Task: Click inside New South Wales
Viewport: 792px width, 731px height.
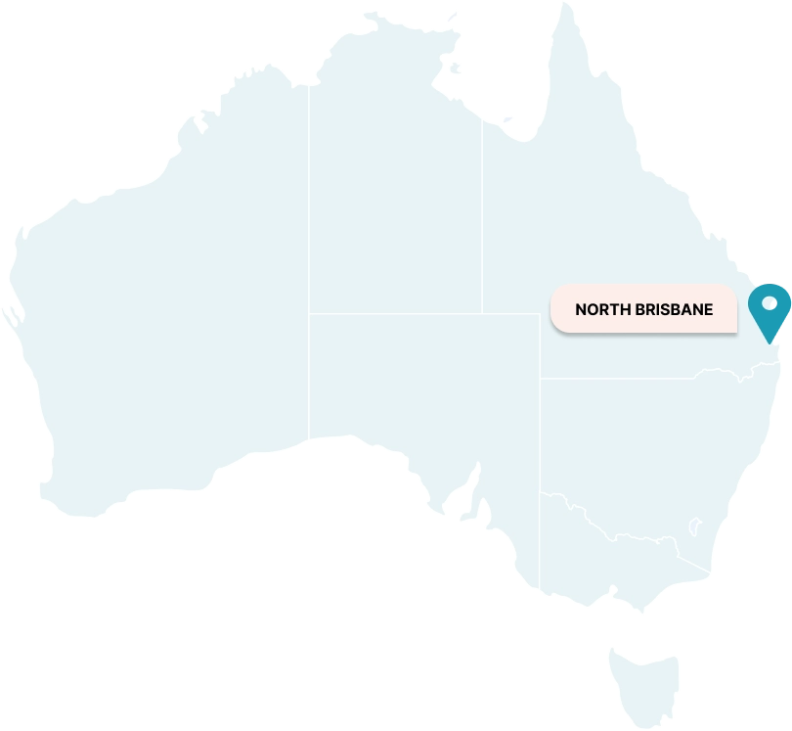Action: pyautogui.click(x=636, y=450)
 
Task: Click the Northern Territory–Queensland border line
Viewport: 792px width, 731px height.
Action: pyautogui.click(x=481, y=215)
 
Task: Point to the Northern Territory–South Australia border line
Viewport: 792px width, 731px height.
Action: pyautogui.click(x=411, y=314)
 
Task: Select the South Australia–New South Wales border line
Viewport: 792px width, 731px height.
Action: pyautogui.click(x=540, y=431)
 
